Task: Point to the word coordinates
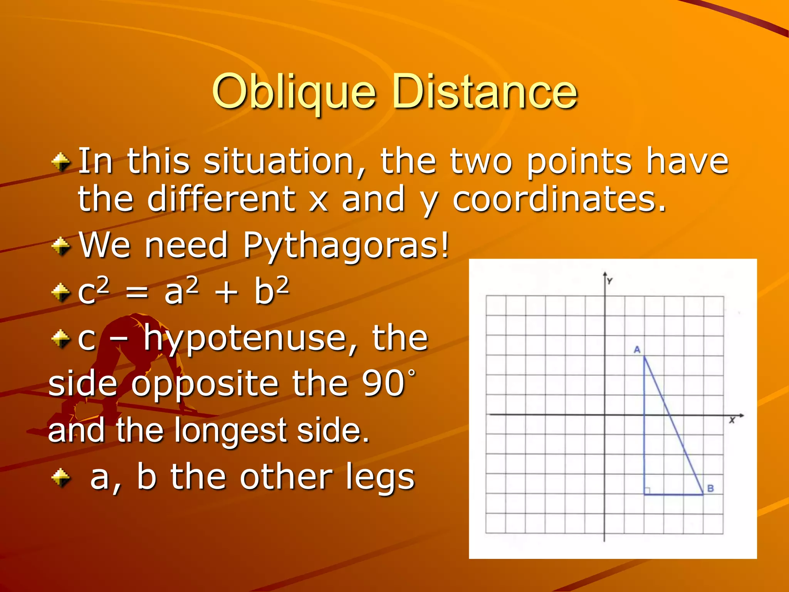[x=559, y=199]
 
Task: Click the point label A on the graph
[x=637, y=350]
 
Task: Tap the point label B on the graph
[x=711, y=488]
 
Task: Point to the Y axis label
[x=610, y=281]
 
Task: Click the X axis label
[x=732, y=420]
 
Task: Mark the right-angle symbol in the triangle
[x=648, y=491]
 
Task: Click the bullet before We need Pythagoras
[x=61, y=246]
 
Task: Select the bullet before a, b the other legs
[x=61, y=478]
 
